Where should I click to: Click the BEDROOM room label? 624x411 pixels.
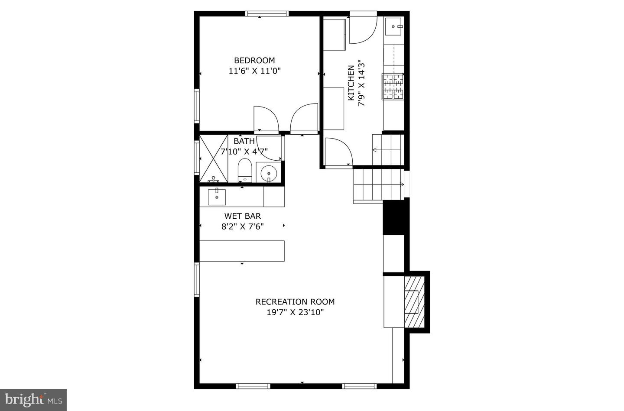[x=254, y=60]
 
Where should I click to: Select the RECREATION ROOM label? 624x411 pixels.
[x=295, y=302]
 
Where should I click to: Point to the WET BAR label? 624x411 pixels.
[x=242, y=216]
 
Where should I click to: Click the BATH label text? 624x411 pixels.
[x=244, y=141]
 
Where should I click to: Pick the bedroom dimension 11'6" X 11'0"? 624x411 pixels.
[x=254, y=71]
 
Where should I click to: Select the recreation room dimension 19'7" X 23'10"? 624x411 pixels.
[x=295, y=312]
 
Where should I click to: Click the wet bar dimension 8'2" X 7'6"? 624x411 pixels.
[x=242, y=226]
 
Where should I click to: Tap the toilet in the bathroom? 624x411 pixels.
[x=245, y=170]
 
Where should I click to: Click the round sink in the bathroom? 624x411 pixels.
[x=269, y=173]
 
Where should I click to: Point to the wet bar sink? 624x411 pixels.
[x=217, y=197]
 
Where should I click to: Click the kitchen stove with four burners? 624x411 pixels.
[x=393, y=87]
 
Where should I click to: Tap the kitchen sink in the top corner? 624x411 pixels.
[x=394, y=26]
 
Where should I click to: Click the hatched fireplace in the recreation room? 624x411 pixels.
[x=414, y=301]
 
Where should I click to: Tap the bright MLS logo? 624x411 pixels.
[x=33, y=399]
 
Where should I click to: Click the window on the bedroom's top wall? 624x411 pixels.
[x=267, y=13]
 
